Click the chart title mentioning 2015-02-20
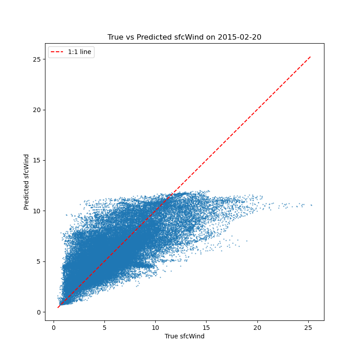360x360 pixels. (x=184, y=37)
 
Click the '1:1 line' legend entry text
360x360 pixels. (x=80, y=52)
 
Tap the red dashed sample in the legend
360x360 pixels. (x=57, y=52)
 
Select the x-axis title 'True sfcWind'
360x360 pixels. (x=184, y=336)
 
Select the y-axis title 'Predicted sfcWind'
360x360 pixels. (x=27, y=182)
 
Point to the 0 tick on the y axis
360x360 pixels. (x=39, y=312)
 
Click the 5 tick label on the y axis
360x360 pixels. (x=39, y=261)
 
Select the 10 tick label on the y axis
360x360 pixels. (x=37, y=211)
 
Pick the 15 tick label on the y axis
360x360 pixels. (x=37, y=160)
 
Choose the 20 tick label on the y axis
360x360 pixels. (x=37, y=110)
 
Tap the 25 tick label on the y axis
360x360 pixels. (x=37, y=59)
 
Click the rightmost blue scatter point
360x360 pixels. (x=311, y=205)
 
